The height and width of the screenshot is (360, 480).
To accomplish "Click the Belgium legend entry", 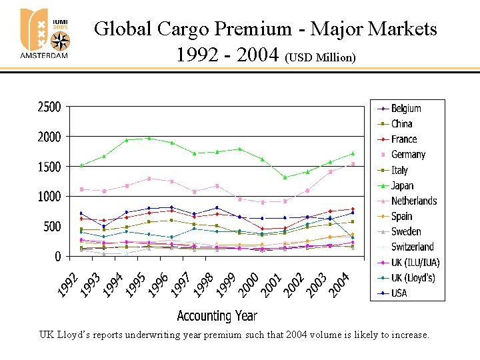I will click(x=406, y=108).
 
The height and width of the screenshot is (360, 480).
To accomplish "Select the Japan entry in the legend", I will click(x=402, y=185).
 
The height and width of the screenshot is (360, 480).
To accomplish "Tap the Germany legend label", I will click(x=408, y=154).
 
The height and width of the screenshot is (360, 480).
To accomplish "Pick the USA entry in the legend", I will click(x=399, y=293).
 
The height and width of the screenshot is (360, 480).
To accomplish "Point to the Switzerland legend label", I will click(x=412, y=247).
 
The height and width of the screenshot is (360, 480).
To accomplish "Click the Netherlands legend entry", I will click(x=414, y=201).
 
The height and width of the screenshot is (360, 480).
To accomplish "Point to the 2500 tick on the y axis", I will click(x=49, y=107).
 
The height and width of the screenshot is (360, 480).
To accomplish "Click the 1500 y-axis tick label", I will click(x=49, y=166).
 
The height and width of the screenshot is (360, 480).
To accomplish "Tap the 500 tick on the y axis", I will click(x=52, y=226).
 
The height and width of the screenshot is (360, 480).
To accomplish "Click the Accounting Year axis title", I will click(x=217, y=315).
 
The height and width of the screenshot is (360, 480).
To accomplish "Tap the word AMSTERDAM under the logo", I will click(x=44, y=55).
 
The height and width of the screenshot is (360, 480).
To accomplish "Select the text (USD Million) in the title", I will click(x=320, y=58).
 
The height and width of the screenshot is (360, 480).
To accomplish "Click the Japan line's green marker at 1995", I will click(x=149, y=138).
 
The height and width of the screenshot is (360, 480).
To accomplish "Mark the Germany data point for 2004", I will click(x=353, y=164).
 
